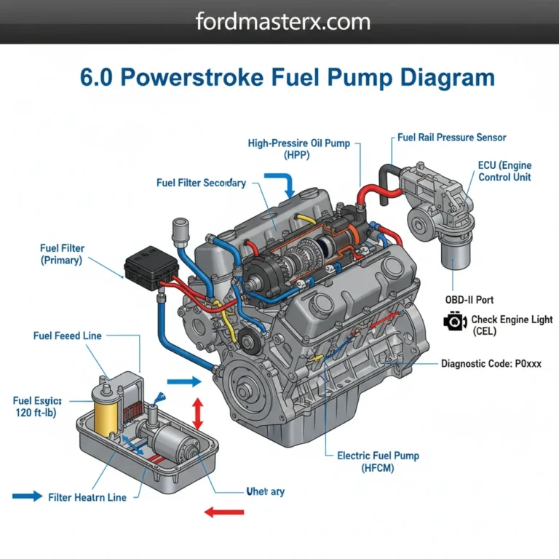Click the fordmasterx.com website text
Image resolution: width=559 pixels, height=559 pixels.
[x=282, y=21]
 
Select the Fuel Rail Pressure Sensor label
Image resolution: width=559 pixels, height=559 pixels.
[x=452, y=138]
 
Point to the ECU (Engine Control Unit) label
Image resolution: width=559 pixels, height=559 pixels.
[x=505, y=171]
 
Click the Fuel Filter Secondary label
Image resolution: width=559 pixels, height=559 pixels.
[x=201, y=183]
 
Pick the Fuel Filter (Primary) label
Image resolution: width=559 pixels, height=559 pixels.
[x=62, y=254]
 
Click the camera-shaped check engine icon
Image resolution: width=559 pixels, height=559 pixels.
[x=455, y=322]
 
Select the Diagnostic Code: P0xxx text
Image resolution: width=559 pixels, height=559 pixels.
[x=491, y=363]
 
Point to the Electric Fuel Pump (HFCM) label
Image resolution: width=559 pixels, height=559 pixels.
[x=378, y=461]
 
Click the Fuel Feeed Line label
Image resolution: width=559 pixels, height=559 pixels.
[x=68, y=336]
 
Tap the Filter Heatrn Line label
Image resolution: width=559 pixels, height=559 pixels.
[x=87, y=497]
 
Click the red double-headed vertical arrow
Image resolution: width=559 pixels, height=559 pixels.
[x=197, y=413]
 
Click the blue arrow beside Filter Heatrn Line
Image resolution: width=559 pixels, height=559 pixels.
[x=28, y=496]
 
